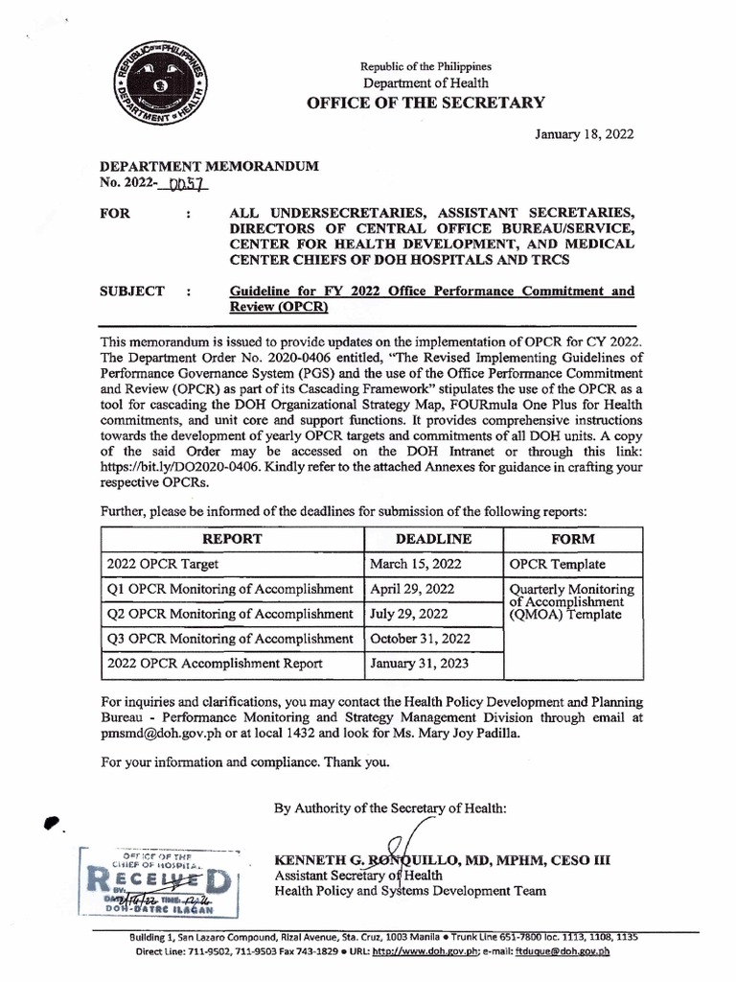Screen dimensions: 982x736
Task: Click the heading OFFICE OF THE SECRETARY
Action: [x=425, y=103]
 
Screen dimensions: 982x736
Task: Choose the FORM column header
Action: [x=571, y=539]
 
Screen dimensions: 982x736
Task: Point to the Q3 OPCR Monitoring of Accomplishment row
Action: [x=229, y=638]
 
